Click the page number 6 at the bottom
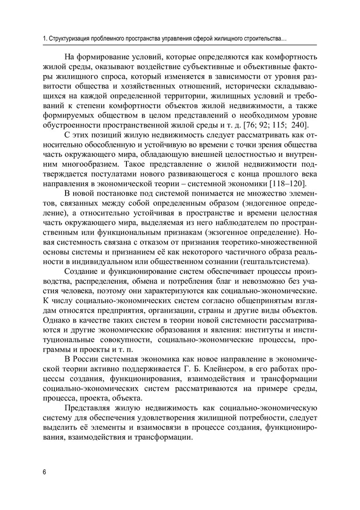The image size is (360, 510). [43, 473]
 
